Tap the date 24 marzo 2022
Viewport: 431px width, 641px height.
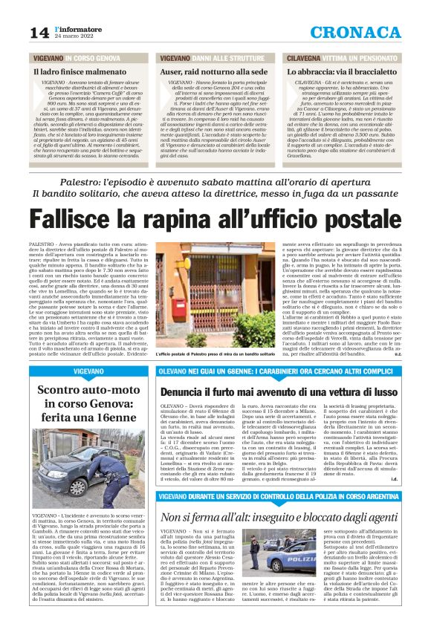[77, 37]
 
